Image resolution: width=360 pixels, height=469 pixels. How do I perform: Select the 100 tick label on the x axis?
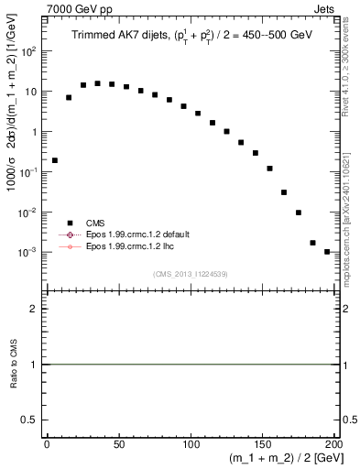(191, 444)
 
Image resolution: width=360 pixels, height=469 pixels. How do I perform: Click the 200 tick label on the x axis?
(334, 444)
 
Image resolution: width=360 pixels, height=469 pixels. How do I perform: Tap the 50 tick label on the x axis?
(119, 444)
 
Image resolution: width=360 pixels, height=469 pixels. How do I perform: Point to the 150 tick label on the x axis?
(263, 444)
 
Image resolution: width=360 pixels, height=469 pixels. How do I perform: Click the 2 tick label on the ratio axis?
(34, 309)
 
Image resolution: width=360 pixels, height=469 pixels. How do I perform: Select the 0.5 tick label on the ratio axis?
(29, 420)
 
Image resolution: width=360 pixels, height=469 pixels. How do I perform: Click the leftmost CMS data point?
(55, 160)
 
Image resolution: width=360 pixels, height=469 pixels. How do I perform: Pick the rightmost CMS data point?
(327, 251)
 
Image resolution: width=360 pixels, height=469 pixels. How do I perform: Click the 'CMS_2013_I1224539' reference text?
(191, 273)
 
